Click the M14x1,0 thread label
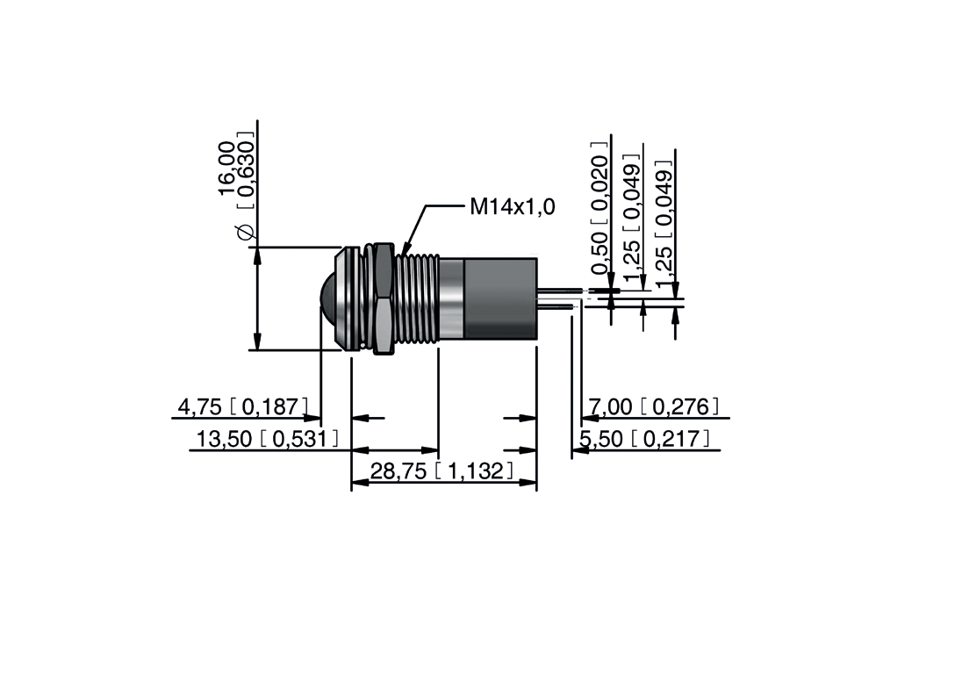click(512, 207)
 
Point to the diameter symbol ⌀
click(246, 233)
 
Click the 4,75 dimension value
click(200, 406)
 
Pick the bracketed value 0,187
click(269, 406)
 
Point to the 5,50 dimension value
click(601, 439)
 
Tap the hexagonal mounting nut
click(383, 298)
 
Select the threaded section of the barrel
click(417, 298)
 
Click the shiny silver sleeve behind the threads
click(450, 298)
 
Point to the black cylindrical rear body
click(499, 298)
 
